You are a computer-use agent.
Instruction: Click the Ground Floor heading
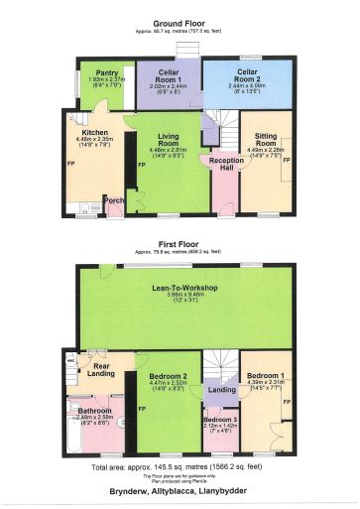180,24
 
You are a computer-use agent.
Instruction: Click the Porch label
114,199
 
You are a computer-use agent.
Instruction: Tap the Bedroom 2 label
168,377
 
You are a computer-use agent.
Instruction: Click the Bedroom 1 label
265,376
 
